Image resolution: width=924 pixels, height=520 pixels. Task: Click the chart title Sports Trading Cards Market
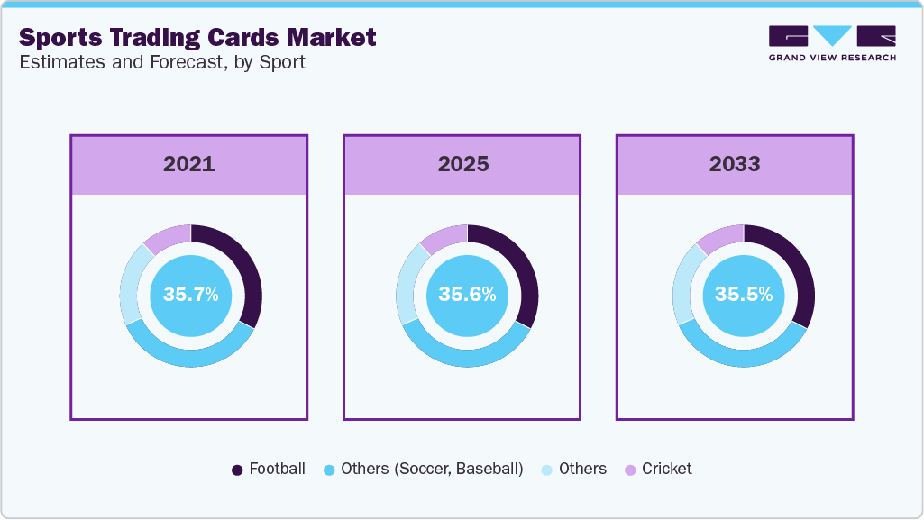197,38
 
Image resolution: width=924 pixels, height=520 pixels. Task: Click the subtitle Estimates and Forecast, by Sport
162,63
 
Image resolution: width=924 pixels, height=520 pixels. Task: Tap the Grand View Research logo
831,43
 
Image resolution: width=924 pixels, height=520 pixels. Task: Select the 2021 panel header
189,164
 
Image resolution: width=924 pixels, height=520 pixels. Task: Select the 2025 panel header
462,164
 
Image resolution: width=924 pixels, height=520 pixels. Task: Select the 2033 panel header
735,164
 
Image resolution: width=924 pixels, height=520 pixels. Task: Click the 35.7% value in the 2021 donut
190,295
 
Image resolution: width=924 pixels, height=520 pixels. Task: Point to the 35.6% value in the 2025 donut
467,295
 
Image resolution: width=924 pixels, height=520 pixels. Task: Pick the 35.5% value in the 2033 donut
743,295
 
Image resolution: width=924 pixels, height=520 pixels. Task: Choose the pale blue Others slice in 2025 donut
407,282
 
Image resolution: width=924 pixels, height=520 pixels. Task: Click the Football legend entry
269,469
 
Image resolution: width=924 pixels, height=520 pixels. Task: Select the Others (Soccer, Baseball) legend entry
423,469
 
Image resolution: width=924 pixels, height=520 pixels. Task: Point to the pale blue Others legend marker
547,470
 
